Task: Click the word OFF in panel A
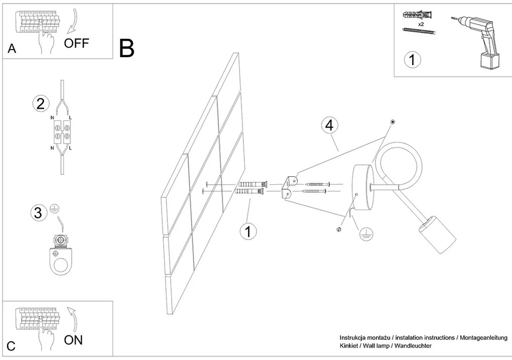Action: click(x=76, y=43)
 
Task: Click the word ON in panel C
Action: click(x=73, y=340)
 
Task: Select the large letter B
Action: click(x=126, y=48)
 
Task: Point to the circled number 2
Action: click(x=40, y=104)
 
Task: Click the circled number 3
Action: click(x=37, y=213)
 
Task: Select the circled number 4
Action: click(x=329, y=126)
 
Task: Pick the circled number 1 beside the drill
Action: click(x=412, y=60)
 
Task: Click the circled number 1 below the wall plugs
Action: click(x=247, y=231)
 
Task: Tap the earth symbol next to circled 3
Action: click(x=54, y=211)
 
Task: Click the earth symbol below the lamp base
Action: click(x=366, y=232)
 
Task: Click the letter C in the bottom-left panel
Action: click(x=11, y=346)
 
